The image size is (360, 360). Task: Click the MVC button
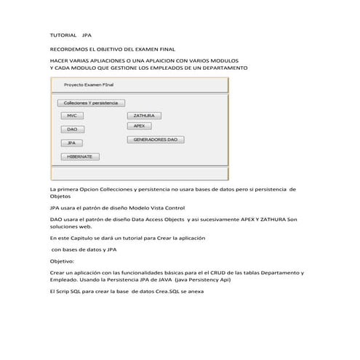[71, 116]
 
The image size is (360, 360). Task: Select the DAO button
[72, 129]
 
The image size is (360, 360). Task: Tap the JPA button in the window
[72, 143]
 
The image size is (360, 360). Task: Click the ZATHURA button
[144, 116]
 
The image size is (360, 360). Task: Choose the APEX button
[139, 126]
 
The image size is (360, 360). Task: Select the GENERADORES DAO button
[156, 139]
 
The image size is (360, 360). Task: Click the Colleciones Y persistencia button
[91, 103]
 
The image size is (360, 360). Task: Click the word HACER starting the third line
[58, 60]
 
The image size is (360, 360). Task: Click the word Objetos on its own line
[60, 196]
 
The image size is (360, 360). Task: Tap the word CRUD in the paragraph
[223, 272]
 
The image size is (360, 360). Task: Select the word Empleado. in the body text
[65, 279]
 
